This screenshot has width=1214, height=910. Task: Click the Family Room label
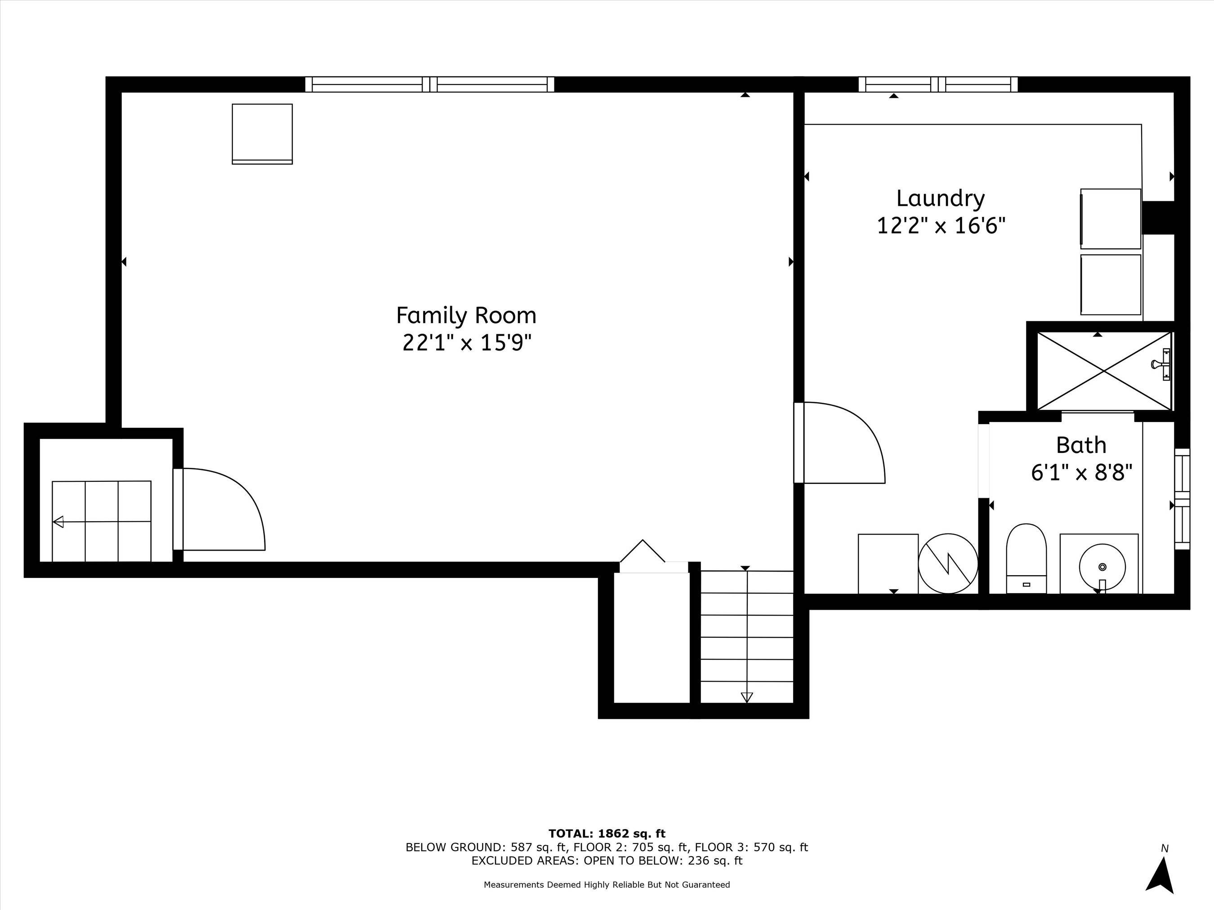pyautogui.click(x=466, y=316)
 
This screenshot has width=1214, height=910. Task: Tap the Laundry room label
pyautogui.click(x=941, y=199)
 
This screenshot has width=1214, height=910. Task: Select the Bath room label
pyautogui.click(x=1081, y=445)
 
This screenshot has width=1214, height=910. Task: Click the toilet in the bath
pyautogui.click(x=1027, y=558)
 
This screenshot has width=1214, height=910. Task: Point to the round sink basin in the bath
pyautogui.click(x=1102, y=567)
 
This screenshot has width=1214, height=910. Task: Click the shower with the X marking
pyautogui.click(x=1104, y=371)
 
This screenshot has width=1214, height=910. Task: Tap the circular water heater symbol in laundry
pyautogui.click(x=948, y=564)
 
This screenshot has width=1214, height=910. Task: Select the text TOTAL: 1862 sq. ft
pyautogui.click(x=607, y=834)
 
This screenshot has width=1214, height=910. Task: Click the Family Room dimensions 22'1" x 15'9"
pyautogui.click(x=467, y=343)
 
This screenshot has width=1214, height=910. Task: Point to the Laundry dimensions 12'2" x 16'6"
pyautogui.click(x=941, y=226)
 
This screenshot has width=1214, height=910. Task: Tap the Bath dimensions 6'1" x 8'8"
pyautogui.click(x=1082, y=472)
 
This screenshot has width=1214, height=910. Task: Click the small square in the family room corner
pyautogui.click(x=262, y=134)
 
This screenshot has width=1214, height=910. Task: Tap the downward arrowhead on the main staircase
pyautogui.click(x=746, y=697)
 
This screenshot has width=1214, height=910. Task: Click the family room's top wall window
pyautogui.click(x=430, y=84)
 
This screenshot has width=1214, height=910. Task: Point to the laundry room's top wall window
pyautogui.click(x=938, y=84)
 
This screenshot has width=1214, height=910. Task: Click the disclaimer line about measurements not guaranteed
pyautogui.click(x=607, y=884)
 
